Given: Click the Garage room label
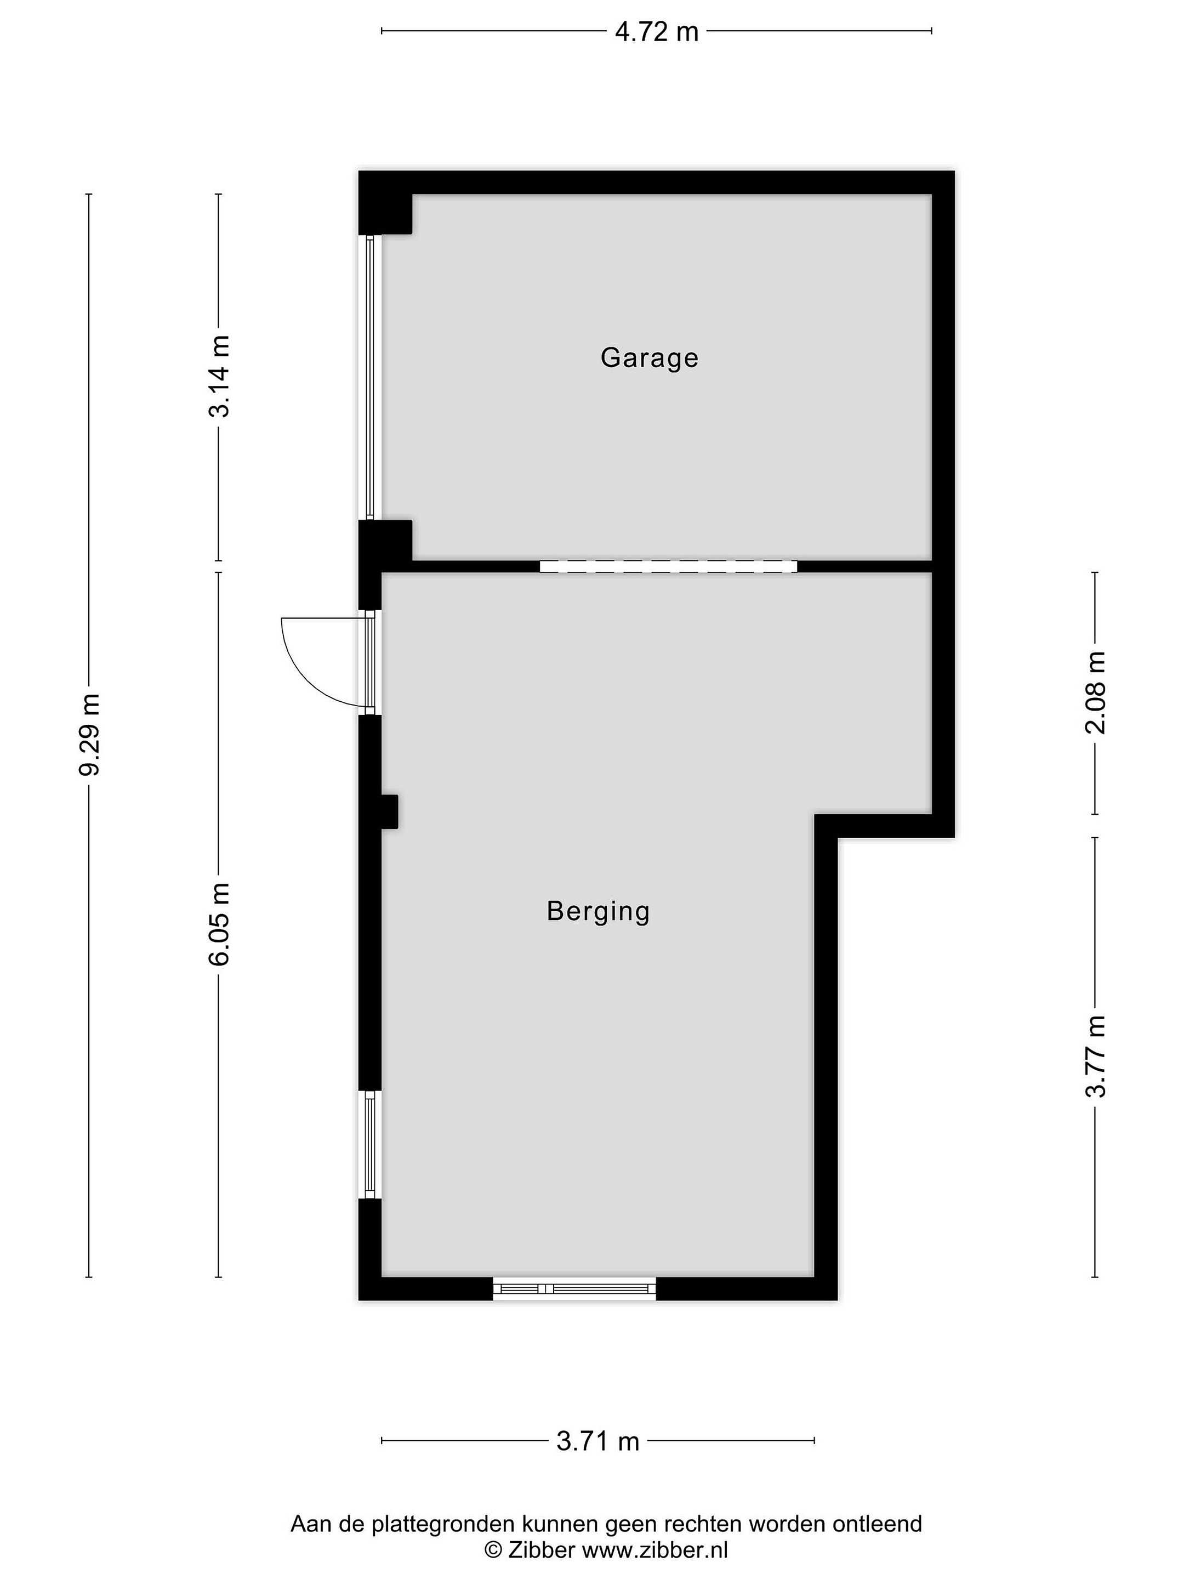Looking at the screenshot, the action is point(649,357).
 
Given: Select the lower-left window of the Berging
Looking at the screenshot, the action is point(369,1145).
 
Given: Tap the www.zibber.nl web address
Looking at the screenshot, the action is point(654,1550).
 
